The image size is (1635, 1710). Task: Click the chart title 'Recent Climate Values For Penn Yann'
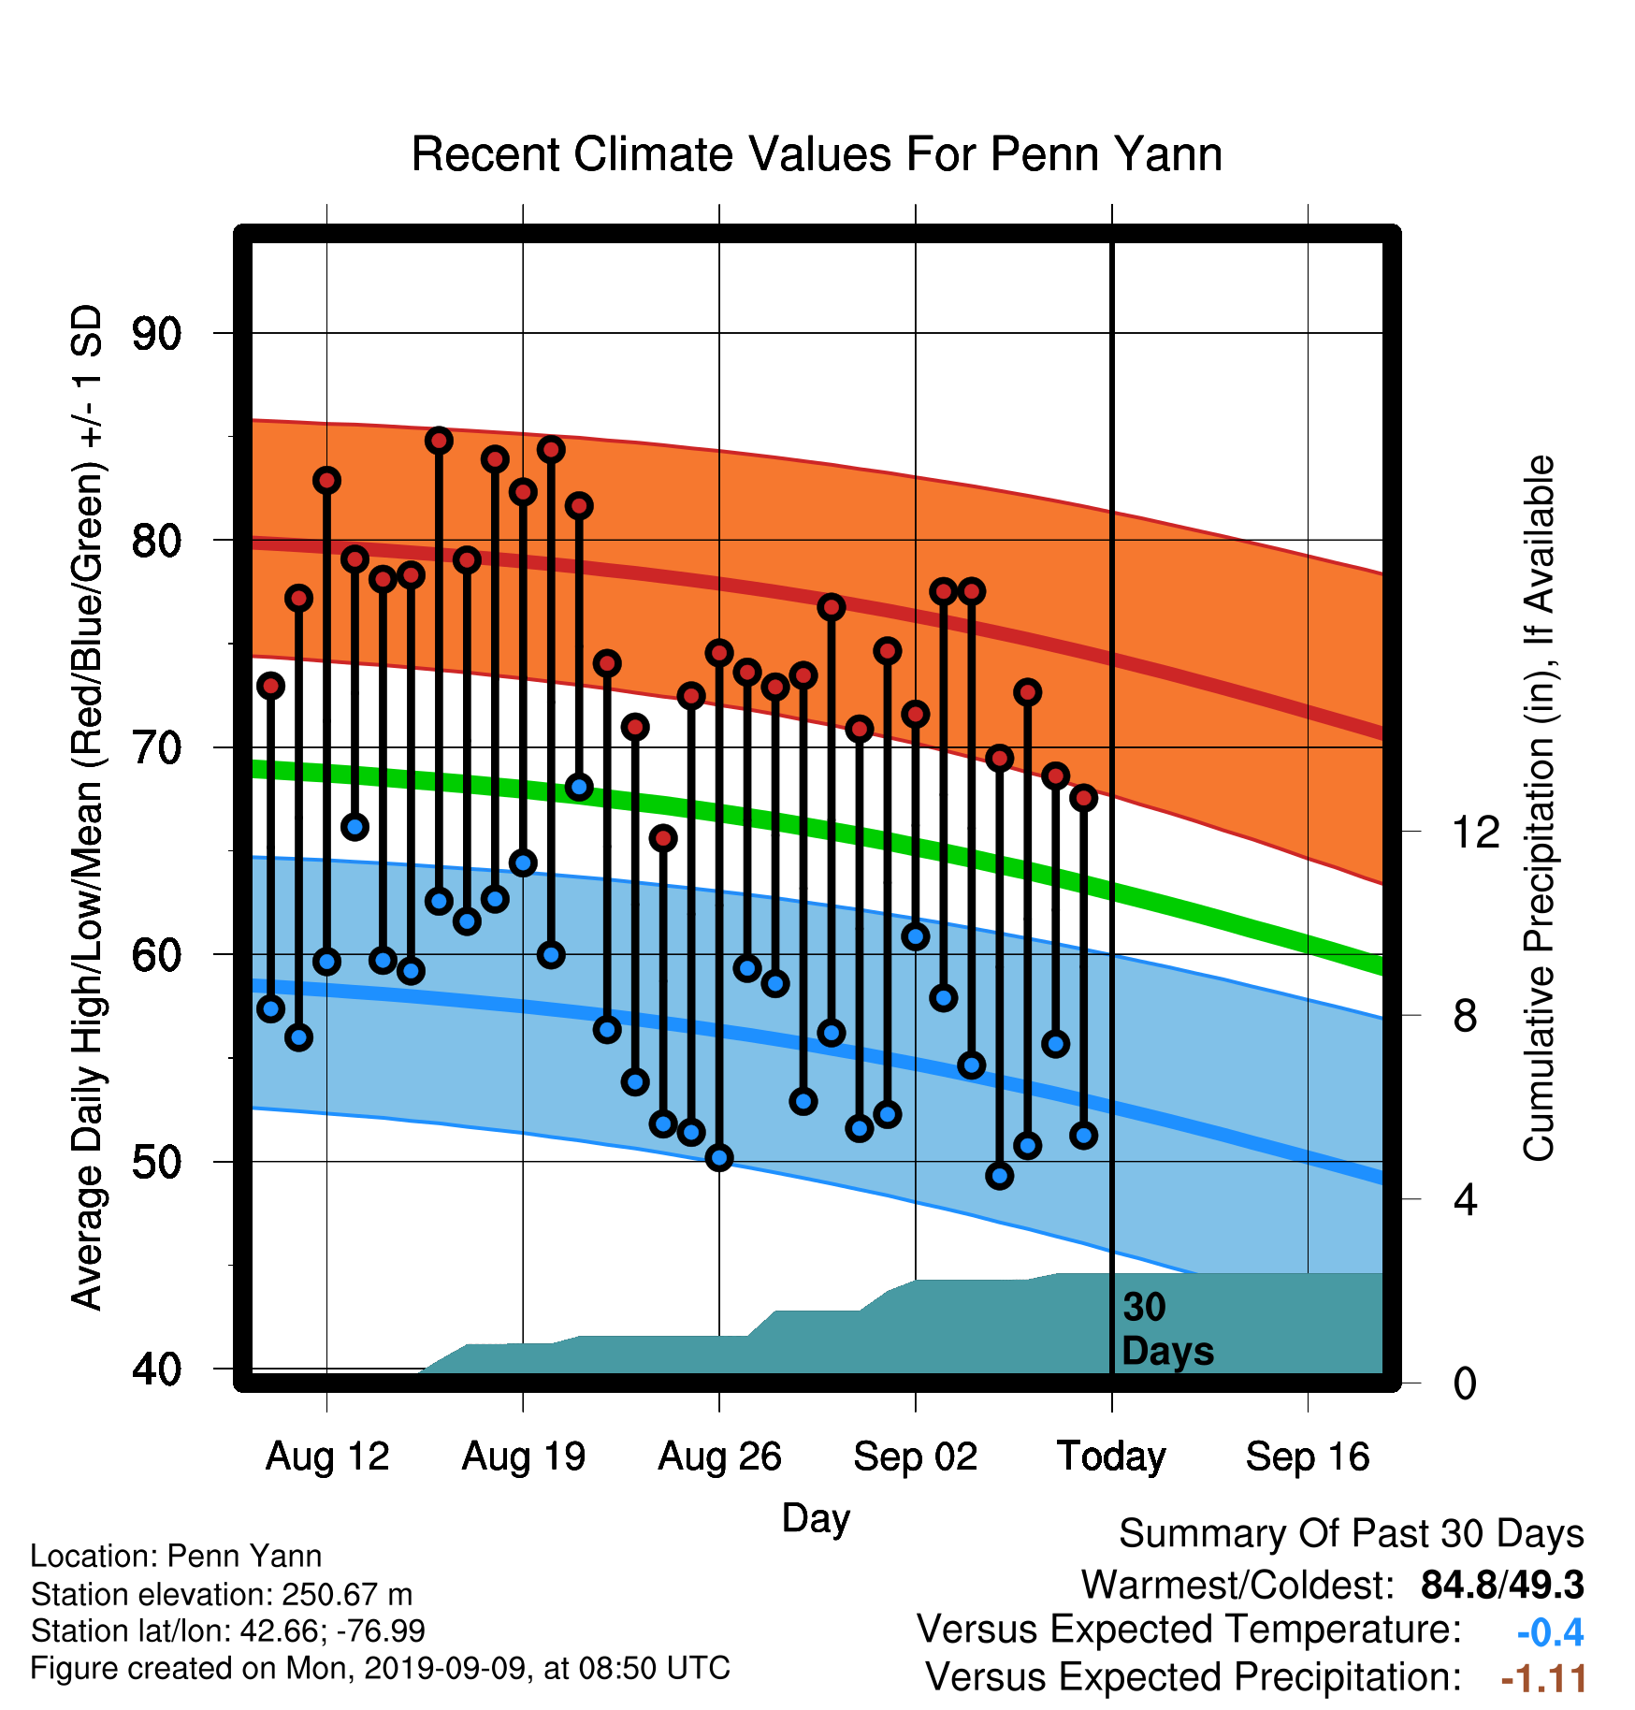817,154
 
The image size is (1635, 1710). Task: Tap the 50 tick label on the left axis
156,1163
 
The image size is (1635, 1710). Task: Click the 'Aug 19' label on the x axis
524,1456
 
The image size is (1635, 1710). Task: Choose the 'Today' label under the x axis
1111,1456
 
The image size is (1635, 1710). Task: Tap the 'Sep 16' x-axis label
1308,1456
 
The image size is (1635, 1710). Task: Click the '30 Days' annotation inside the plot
1167,1329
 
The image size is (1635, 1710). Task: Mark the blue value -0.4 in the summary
1550,1632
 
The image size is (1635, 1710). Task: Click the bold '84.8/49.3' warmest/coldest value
1502,1585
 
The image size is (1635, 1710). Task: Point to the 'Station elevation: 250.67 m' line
222,1594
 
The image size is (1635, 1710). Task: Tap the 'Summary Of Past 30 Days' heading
1352,1534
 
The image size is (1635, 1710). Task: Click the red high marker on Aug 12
326,481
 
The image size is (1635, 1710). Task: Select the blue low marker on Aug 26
719,1158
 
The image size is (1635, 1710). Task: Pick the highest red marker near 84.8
439,441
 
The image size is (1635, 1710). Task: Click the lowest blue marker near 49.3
1000,1176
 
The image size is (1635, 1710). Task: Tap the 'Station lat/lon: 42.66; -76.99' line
228,1631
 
